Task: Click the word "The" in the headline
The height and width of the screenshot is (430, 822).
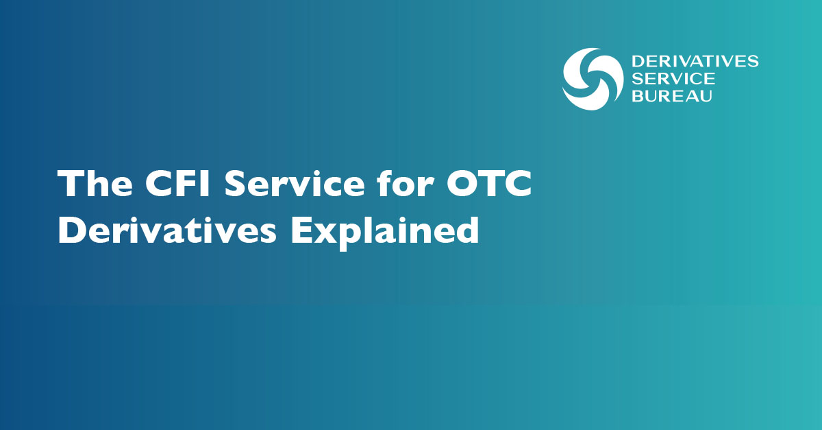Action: pos(95,183)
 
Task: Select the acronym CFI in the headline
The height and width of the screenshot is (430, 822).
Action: pos(177,184)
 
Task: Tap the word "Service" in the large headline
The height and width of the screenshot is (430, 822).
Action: pos(295,184)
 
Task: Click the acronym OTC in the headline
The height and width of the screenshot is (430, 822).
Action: pos(488,184)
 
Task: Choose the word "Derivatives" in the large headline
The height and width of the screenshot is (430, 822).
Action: pos(167,230)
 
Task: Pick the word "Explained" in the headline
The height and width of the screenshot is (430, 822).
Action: pos(385,232)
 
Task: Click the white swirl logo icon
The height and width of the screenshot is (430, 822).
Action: pos(593,79)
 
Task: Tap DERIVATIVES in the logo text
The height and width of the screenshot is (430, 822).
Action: pos(695,61)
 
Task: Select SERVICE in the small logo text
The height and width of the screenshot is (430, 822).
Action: pos(673,79)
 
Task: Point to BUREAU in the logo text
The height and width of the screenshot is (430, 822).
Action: pos(672,96)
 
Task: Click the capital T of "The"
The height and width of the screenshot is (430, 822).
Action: pos(70,184)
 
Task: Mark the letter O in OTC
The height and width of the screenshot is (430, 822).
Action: pos(461,184)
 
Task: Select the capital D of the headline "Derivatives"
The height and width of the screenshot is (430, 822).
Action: pos(72,230)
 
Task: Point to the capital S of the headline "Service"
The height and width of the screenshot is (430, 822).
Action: pos(235,184)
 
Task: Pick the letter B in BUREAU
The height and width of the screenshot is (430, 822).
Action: pos(638,96)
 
